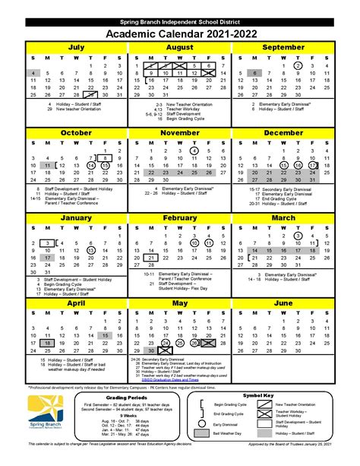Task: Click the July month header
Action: [76, 47]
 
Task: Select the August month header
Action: [179, 47]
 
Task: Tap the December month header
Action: [283, 132]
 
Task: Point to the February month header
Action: [179, 218]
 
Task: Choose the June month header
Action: [283, 303]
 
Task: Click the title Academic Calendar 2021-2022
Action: [180, 33]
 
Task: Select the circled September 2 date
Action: [298, 65]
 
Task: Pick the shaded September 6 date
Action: [257, 74]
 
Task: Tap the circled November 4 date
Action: [195, 151]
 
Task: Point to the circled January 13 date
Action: [91, 250]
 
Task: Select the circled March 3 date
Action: [298, 236]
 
